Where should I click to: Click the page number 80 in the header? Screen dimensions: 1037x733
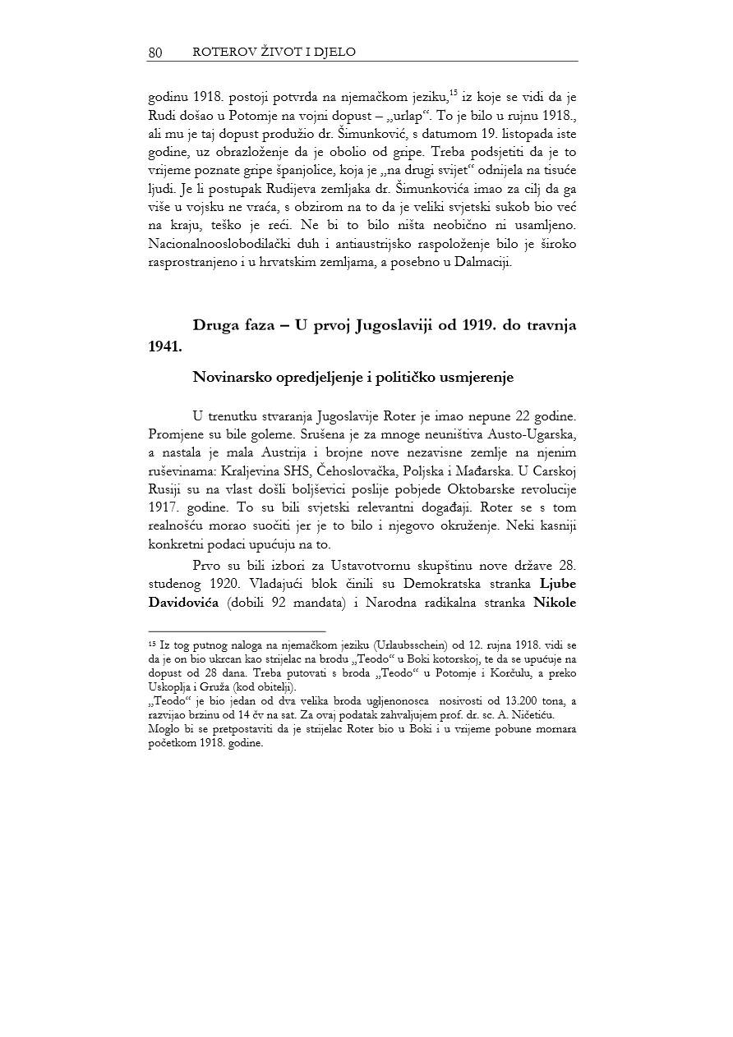point(154,53)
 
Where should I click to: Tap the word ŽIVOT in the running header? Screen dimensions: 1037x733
point(260,52)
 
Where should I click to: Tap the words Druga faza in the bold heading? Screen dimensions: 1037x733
point(233,324)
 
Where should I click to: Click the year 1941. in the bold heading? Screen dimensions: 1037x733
point(165,346)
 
